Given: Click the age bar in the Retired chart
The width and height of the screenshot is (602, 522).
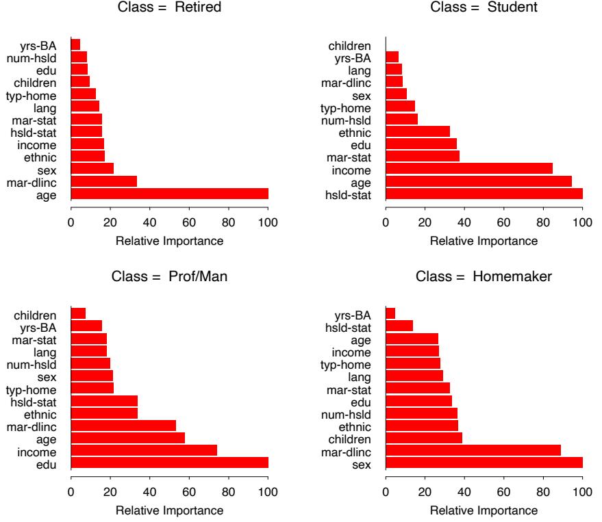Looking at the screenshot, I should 169,194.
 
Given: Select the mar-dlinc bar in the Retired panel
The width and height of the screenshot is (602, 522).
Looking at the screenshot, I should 103,181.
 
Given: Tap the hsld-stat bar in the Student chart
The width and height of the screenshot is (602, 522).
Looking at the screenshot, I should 484,194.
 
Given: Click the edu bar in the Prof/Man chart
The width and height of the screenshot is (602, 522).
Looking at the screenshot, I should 169,463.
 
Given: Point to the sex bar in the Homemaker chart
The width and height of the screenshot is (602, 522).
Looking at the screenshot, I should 484,463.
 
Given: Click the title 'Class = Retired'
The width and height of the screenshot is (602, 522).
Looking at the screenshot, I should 169,9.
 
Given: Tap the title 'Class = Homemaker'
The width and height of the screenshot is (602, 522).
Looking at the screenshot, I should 484,278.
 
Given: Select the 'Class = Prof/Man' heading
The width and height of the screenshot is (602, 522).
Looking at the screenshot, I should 169,278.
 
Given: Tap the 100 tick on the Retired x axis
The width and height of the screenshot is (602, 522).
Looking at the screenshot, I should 268,222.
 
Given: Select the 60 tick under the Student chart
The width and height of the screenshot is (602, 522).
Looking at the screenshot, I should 503,222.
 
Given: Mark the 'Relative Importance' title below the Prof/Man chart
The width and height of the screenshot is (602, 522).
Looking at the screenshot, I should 169,510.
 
